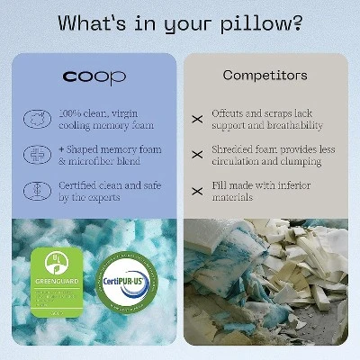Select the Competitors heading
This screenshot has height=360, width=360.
click(265, 76)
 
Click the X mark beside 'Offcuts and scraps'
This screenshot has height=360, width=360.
click(197, 118)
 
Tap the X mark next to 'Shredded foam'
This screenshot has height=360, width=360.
click(197, 154)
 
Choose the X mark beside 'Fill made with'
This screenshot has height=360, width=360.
click(197, 191)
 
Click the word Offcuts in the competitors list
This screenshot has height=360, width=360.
click(229, 113)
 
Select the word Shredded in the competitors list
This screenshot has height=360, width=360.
click(234, 148)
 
